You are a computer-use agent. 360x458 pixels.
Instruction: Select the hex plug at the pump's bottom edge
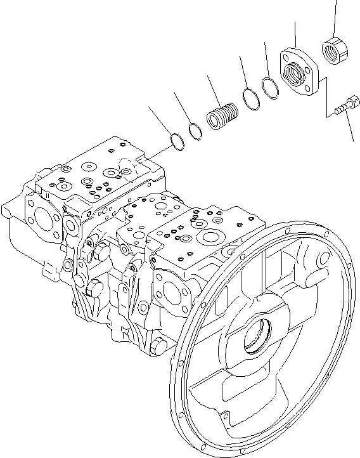click(158, 346)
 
